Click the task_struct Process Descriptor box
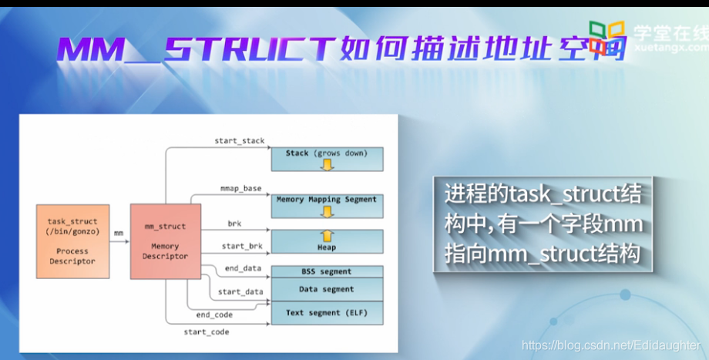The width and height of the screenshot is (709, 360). click(x=72, y=241)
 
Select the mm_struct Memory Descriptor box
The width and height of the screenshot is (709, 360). click(x=165, y=241)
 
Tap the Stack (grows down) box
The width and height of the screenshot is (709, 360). click(x=327, y=159)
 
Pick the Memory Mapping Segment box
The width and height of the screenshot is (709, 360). click(x=327, y=205)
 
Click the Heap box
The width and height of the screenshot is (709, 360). click(x=327, y=241)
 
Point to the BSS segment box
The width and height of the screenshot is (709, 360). click(x=327, y=272)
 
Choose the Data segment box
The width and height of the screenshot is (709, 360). click(x=327, y=289)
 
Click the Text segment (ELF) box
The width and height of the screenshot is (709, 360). click(x=327, y=313)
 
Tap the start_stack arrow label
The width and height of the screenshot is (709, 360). click(x=239, y=141)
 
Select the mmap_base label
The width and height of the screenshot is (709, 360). click(x=240, y=188)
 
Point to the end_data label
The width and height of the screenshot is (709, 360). click(x=243, y=268)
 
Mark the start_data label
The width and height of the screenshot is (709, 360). click(x=240, y=292)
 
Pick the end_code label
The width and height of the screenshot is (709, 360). click(x=213, y=315)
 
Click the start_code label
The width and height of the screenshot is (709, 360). click(x=206, y=331)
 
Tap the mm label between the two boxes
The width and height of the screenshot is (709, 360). click(x=119, y=232)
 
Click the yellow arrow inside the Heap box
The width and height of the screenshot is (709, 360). click(x=327, y=236)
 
